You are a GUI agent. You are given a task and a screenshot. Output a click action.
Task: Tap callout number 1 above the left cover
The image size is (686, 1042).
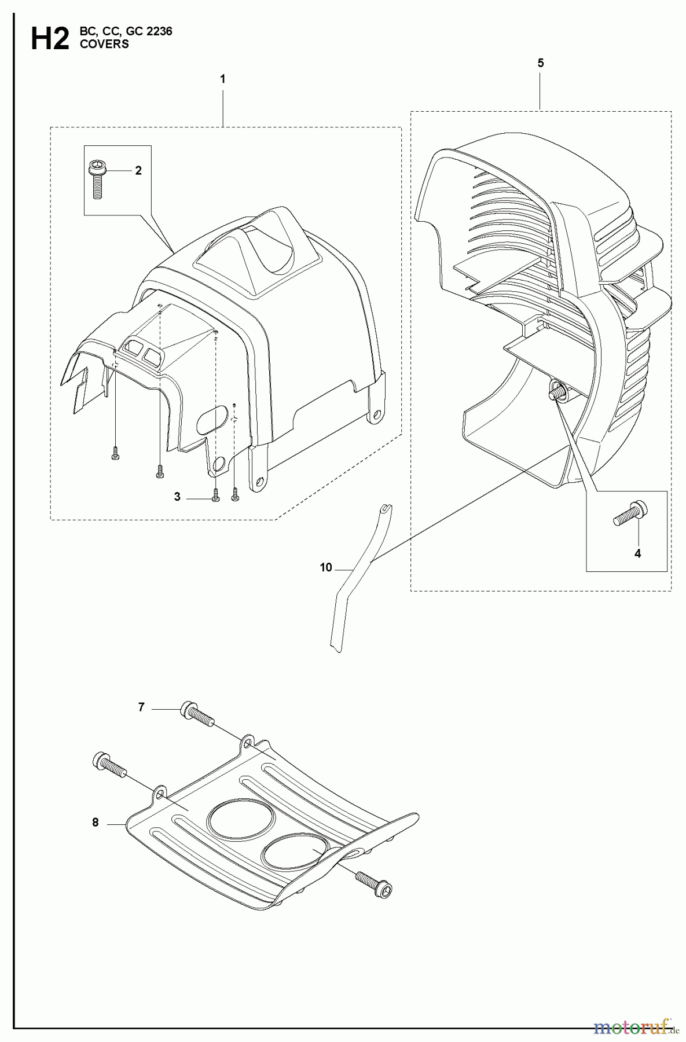[x=223, y=79]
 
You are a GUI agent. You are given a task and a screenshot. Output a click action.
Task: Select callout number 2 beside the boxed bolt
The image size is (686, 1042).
[x=138, y=171]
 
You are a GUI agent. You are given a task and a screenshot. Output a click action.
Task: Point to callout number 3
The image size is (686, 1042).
[x=177, y=497]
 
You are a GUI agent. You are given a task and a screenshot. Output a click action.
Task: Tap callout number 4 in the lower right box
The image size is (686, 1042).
[x=637, y=553]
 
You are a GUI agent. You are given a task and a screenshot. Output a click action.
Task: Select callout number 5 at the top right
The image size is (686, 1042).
[x=540, y=64]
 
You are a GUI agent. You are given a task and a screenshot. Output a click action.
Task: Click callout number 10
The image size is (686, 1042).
[x=326, y=568]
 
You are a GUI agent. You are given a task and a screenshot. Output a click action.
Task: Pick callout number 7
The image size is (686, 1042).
[x=141, y=707]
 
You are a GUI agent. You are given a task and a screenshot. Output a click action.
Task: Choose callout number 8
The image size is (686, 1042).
[x=96, y=822]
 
